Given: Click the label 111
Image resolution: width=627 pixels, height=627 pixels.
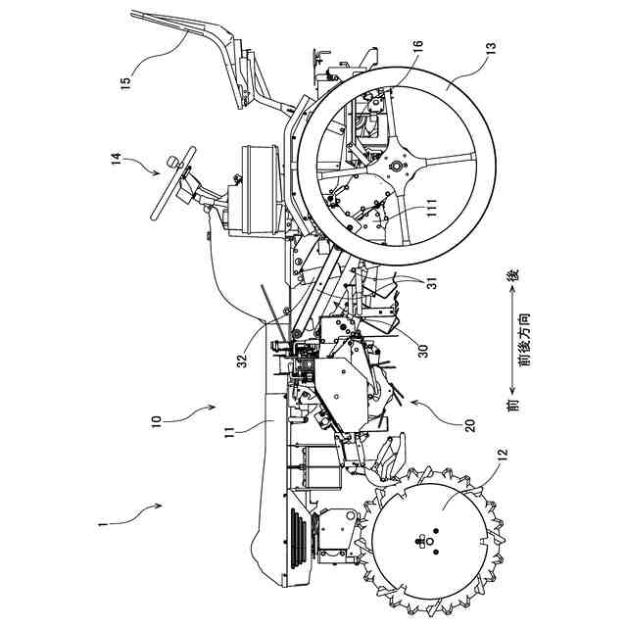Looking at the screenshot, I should (x=428, y=207).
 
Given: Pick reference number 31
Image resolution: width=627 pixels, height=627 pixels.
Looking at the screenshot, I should (x=429, y=279).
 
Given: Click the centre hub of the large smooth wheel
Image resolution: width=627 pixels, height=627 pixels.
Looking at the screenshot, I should (x=397, y=168).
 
